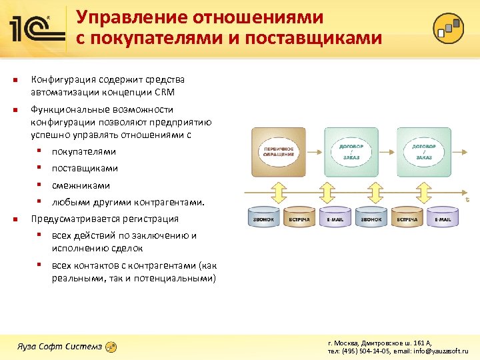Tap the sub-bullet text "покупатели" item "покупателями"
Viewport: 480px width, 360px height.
(84, 151)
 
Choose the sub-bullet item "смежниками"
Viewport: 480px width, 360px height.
(81, 185)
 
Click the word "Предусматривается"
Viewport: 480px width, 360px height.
(73, 219)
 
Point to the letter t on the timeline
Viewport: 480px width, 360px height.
(467, 199)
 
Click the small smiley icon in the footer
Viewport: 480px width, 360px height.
(112, 347)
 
